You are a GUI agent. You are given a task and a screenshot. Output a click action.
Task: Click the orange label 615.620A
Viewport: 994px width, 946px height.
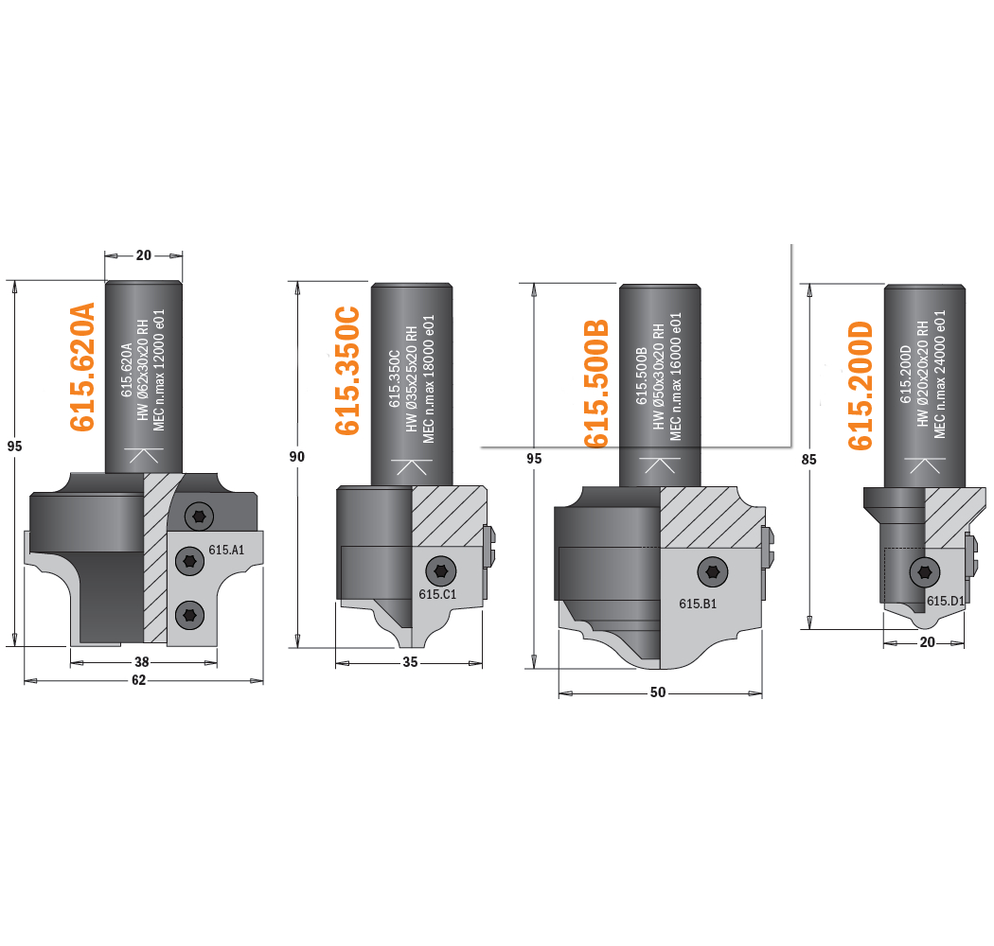82,367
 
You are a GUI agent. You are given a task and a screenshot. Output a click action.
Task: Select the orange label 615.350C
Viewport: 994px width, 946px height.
347,371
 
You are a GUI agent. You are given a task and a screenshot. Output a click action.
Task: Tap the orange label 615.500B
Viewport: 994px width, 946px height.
595,383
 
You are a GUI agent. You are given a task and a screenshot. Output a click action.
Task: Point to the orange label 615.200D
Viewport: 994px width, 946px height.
861,386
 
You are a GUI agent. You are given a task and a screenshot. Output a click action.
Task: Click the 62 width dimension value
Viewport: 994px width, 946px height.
139,680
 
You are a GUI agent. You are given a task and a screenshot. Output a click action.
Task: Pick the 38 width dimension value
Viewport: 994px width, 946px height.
141,662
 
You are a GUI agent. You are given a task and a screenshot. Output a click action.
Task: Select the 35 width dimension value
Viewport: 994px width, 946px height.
410,662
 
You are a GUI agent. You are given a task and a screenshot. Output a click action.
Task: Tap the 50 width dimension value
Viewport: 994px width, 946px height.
658,692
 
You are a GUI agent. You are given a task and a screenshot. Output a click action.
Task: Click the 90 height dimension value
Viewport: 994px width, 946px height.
296,456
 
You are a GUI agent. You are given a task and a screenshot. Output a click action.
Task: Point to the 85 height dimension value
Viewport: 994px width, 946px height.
808,460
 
